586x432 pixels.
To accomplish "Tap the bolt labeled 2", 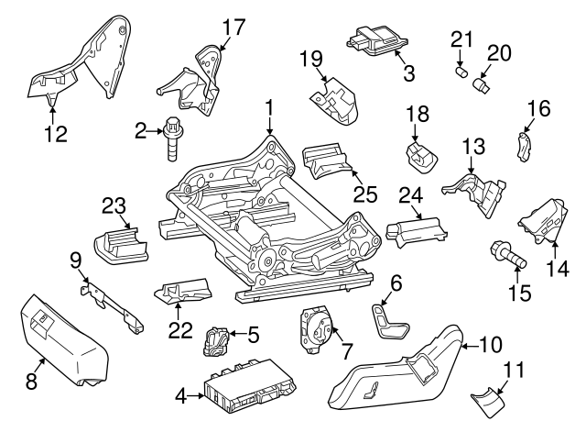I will [x=172, y=138].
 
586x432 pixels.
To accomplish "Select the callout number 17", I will [x=233, y=27].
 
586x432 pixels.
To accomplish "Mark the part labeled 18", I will [x=422, y=154].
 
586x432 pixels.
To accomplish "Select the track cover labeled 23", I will [x=119, y=241].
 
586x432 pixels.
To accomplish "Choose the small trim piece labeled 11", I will [x=488, y=400].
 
